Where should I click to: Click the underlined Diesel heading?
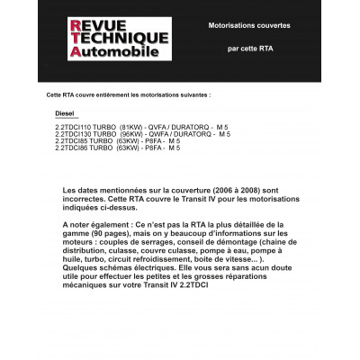pyautogui.click(x=67, y=115)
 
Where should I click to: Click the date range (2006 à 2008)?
pyautogui.click(x=242, y=191)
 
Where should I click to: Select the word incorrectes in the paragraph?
pyautogui.click(x=87, y=200)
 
